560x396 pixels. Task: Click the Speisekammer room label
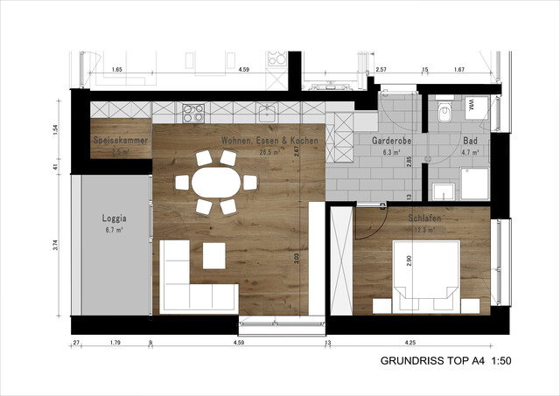pyautogui.click(x=120, y=140)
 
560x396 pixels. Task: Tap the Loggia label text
pyautogui.click(x=115, y=219)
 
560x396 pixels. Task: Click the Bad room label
pyautogui.click(x=469, y=140)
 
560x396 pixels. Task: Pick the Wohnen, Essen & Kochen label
pyautogui.click(x=269, y=140)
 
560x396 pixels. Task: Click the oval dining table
pyautogui.click(x=215, y=183)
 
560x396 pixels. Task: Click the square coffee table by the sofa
pyautogui.click(x=214, y=255)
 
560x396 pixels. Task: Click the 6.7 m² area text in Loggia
pyautogui.click(x=115, y=230)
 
